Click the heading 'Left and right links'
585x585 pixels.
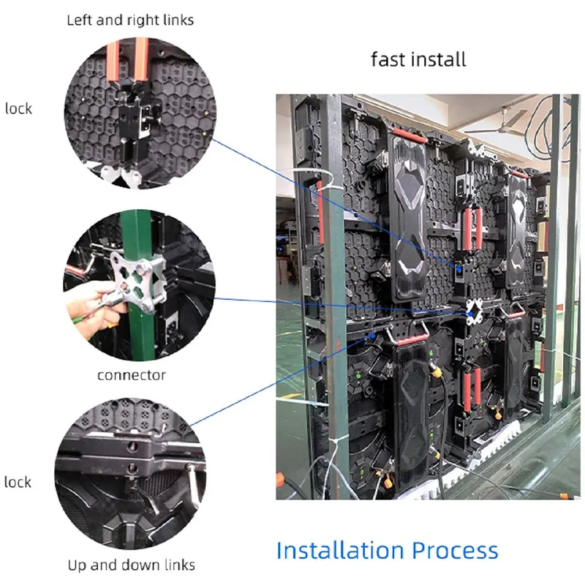130,20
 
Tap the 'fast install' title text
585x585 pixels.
418,60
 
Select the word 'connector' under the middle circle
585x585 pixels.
132,375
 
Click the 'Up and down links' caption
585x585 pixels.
132,565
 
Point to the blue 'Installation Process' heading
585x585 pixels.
388,551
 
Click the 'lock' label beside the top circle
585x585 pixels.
19,109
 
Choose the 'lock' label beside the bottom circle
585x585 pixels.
18,482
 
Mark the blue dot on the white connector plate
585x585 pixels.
470,314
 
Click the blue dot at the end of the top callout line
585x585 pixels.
459,269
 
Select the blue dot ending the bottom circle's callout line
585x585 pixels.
372,336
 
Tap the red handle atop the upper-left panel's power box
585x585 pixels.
409,135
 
